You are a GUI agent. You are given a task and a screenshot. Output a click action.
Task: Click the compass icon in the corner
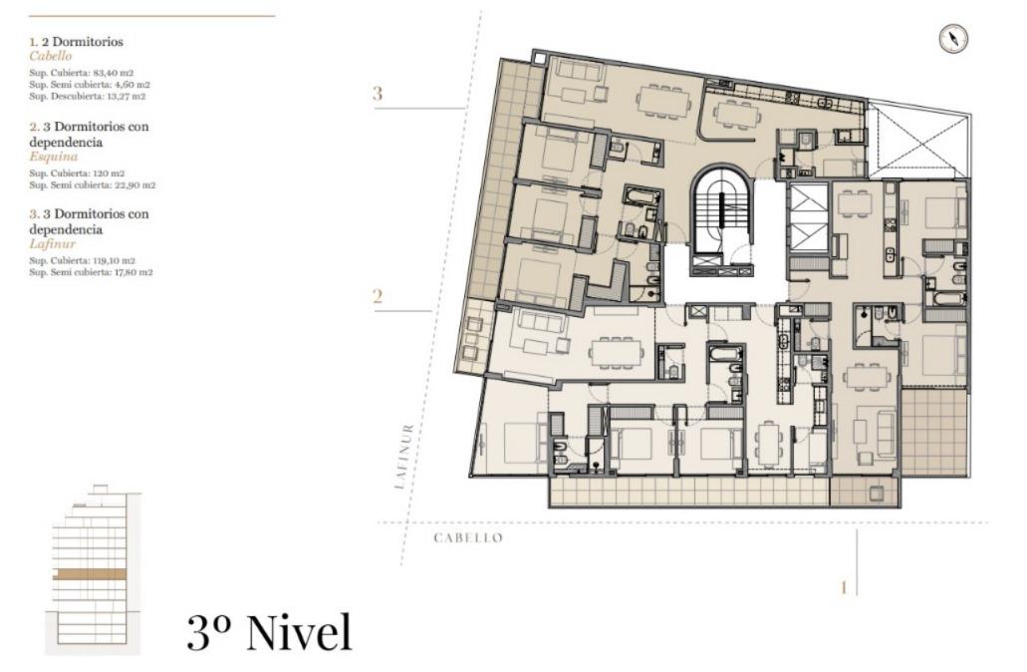953,39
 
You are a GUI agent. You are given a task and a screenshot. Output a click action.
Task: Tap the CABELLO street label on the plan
468,538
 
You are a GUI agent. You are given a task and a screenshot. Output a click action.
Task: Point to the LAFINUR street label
404,457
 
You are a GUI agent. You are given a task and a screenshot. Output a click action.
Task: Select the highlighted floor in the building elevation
89,574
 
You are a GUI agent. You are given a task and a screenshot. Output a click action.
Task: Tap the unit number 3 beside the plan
378,94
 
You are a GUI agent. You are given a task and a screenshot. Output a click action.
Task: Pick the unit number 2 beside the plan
378,297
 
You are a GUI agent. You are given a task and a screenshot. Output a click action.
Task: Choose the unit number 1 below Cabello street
844,587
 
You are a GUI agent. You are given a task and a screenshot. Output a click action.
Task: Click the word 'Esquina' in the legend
54,157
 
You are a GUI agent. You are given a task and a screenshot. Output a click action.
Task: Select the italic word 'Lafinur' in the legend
53,244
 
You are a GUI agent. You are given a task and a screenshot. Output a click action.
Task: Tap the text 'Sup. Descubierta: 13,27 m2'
87,96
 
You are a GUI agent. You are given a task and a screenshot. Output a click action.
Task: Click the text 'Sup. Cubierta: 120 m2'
77,173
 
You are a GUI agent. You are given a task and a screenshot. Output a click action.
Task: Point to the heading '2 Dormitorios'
84,41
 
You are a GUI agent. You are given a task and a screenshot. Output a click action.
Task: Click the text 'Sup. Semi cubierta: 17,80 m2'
91,272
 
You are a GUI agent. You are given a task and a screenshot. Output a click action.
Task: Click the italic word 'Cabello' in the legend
51,57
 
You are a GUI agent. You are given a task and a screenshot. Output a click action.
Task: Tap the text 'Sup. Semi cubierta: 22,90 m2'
93,185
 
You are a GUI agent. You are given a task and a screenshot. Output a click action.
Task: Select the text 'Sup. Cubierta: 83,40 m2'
82,73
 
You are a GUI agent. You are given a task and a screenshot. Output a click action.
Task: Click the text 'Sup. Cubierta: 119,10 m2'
83,260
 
